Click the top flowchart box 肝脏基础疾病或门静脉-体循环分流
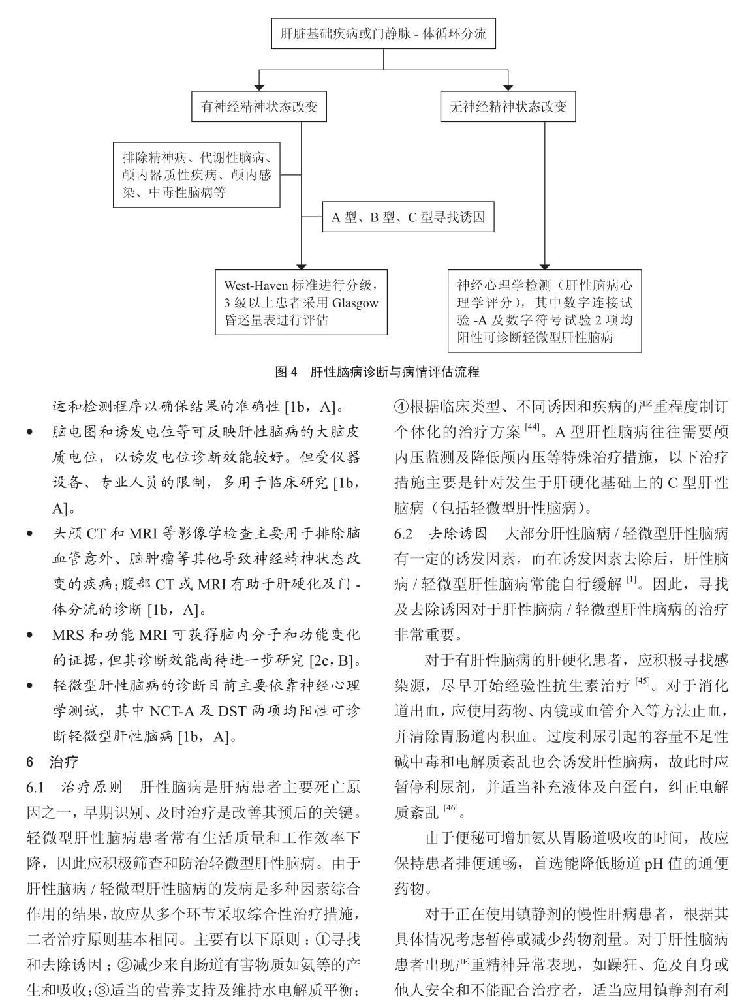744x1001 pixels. [x=383, y=34]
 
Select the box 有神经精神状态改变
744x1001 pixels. [x=259, y=107]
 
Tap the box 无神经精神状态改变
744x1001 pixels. [x=508, y=107]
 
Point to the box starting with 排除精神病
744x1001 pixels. [x=196, y=175]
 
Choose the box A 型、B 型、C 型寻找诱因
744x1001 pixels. [x=408, y=217]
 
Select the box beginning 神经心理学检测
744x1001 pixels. [x=544, y=311]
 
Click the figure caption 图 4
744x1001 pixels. [x=286, y=372]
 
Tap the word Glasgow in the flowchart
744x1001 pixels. [x=355, y=303]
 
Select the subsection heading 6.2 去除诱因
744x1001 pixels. [x=441, y=534]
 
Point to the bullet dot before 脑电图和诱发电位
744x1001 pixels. [x=29, y=433]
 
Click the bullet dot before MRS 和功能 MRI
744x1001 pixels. [x=29, y=635]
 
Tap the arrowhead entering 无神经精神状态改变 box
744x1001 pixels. [x=508, y=88]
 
